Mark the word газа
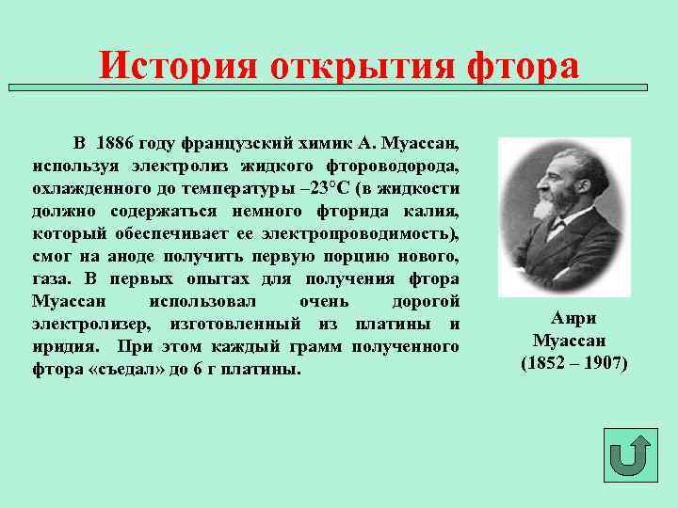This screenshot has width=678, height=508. pos(51,279)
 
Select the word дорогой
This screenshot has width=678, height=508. pos(425,302)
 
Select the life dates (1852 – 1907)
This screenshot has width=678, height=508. pos(573,362)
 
